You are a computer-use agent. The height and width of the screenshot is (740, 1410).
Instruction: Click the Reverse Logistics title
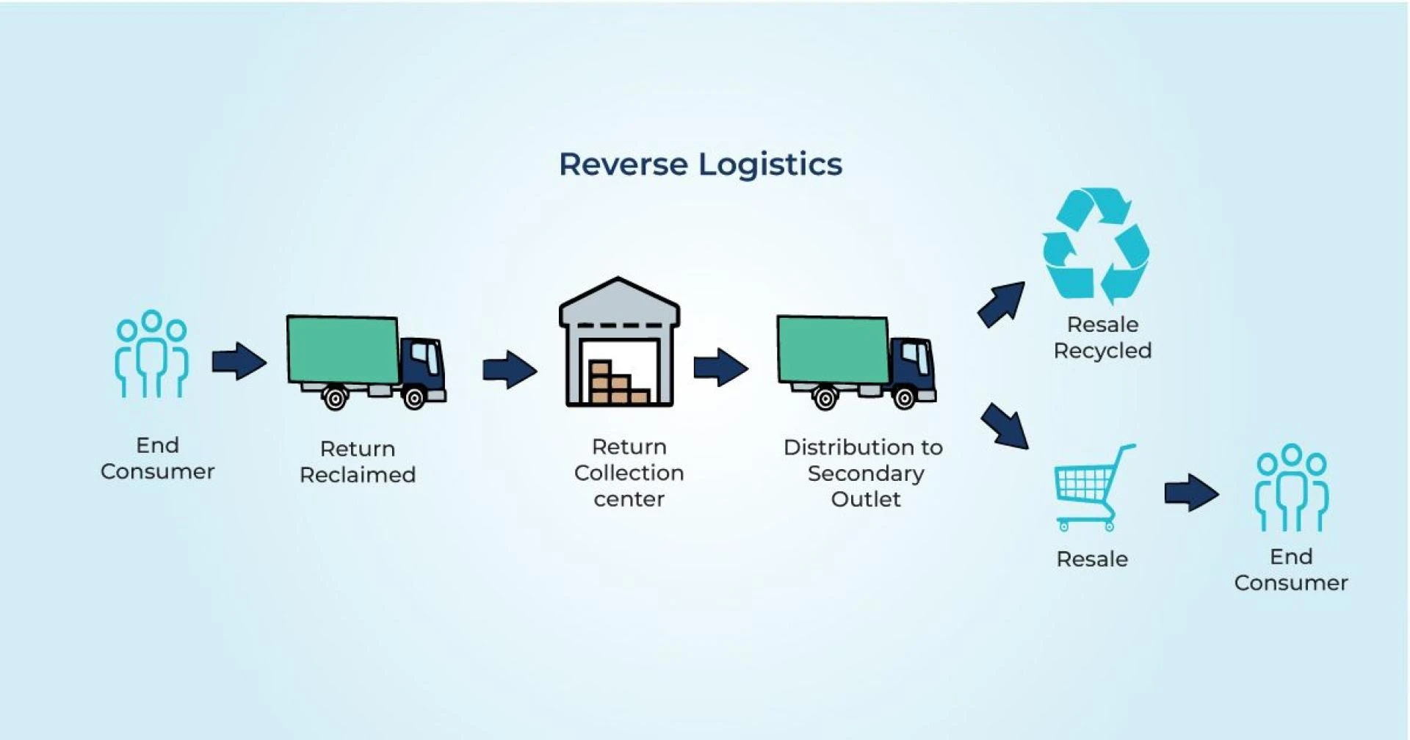pyautogui.click(x=700, y=164)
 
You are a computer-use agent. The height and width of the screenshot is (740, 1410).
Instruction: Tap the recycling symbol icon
pyautogui.click(x=1096, y=246)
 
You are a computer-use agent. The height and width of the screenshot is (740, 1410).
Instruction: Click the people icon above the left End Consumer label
pyautogui.click(x=152, y=354)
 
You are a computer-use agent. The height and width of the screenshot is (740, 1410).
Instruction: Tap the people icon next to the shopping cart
pyautogui.click(x=1292, y=487)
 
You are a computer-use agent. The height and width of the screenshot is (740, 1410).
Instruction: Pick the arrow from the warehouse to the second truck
pyautogui.click(x=720, y=367)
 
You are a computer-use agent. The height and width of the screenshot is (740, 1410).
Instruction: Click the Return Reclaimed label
pyautogui.click(x=358, y=462)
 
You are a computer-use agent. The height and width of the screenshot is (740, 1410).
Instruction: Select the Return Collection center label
pyautogui.click(x=629, y=473)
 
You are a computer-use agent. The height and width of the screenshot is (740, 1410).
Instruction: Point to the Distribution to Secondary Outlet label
pyautogui.click(x=864, y=473)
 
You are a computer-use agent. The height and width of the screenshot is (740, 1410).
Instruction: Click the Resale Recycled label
pyautogui.click(x=1102, y=338)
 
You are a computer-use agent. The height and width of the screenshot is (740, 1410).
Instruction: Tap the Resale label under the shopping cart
pyautogui.click(x=1091, y=559)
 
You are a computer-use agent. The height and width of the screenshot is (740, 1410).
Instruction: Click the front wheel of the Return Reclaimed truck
pyautogui.click(x=414, y=399)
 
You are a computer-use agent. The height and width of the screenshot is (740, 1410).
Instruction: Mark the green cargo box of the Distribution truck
pyautogui.click(x=833, y=349)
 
